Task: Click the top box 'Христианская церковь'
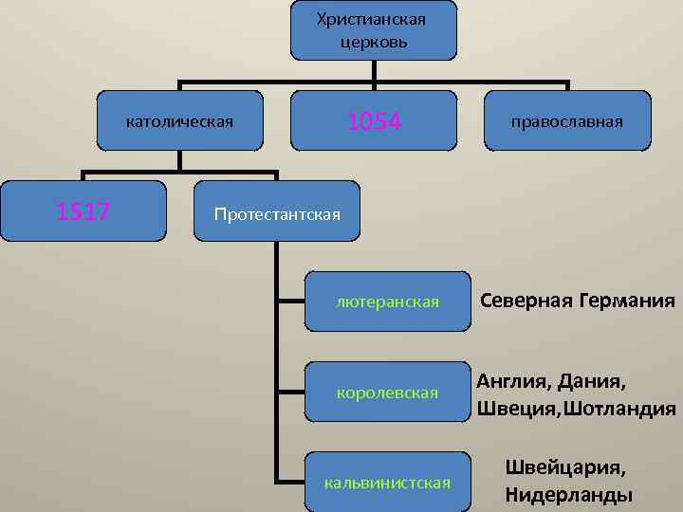click(x=373, y=30)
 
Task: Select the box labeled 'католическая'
click(x=180, y=120)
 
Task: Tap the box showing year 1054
click(x=374, y=120)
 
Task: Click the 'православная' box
click(x=567, y=120)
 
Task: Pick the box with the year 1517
click(x=83, y=210)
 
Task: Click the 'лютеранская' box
click(x=387, y=302)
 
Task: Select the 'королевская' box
click(x=387, y=392)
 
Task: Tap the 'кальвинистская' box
click(x=387, y=483)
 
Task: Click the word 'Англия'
click(x=512, y=382)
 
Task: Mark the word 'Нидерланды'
click(x=569, y=494)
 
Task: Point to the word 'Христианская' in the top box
click(x=373, y=19)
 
